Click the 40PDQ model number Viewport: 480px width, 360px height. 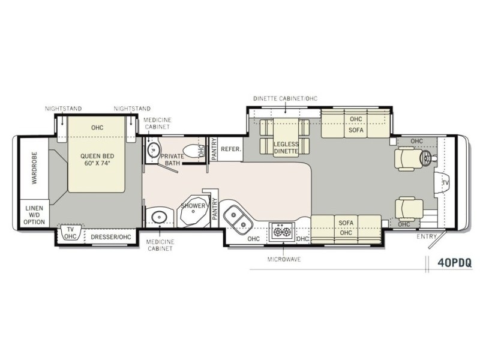click(454, 263)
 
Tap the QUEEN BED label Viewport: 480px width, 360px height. click(97, 156)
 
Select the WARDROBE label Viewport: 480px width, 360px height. click(34, 168)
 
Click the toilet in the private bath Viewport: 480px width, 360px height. click(191, 151)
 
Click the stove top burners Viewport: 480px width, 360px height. click(282, 232)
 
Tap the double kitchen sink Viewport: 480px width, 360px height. click(238, 219)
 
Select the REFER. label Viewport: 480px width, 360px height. click(231, 149)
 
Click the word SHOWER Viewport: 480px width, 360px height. click(193, 206)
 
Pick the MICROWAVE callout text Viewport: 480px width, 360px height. click(284, 260)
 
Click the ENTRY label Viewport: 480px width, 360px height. click(427, 236)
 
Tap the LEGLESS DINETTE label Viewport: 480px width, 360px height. click(286, 148)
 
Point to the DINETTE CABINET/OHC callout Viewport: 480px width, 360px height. click(286, 98)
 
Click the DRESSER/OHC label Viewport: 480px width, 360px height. click(111, 237)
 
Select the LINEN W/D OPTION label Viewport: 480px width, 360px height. click(34, 215)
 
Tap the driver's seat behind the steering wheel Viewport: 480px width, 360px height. click(406, 158)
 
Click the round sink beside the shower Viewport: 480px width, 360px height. click(158, 217)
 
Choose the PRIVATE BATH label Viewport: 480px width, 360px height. click(172, 160)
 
